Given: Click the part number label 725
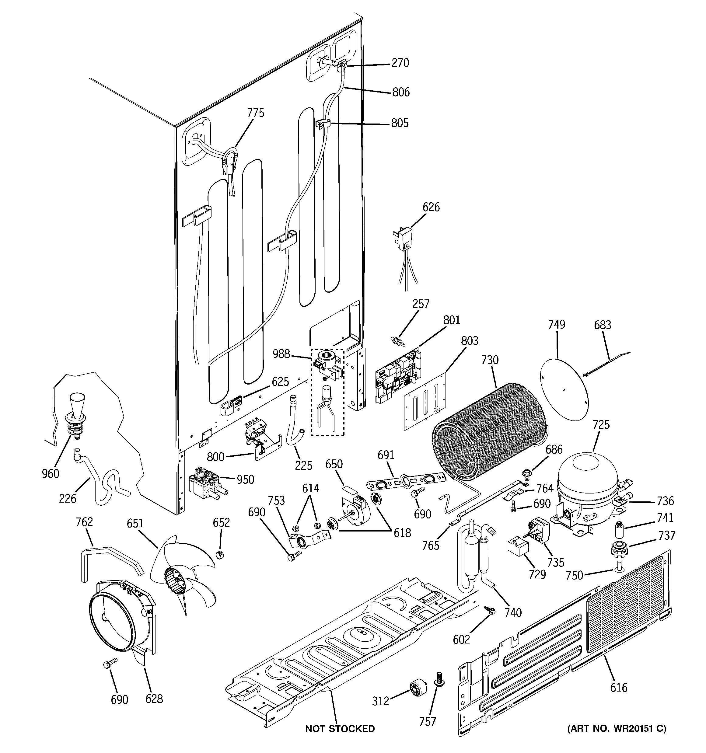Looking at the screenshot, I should coord(601,425).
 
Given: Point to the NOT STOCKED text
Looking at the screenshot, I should coord(340,728).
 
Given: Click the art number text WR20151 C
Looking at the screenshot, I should coord(616,728).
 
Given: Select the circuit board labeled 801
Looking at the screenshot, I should coord(399,375).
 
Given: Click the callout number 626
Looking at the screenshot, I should coord(431,207).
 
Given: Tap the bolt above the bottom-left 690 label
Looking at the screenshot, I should coord(110,663).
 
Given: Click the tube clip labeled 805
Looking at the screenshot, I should coord(323,124).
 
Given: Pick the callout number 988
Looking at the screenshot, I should coord(281,354).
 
